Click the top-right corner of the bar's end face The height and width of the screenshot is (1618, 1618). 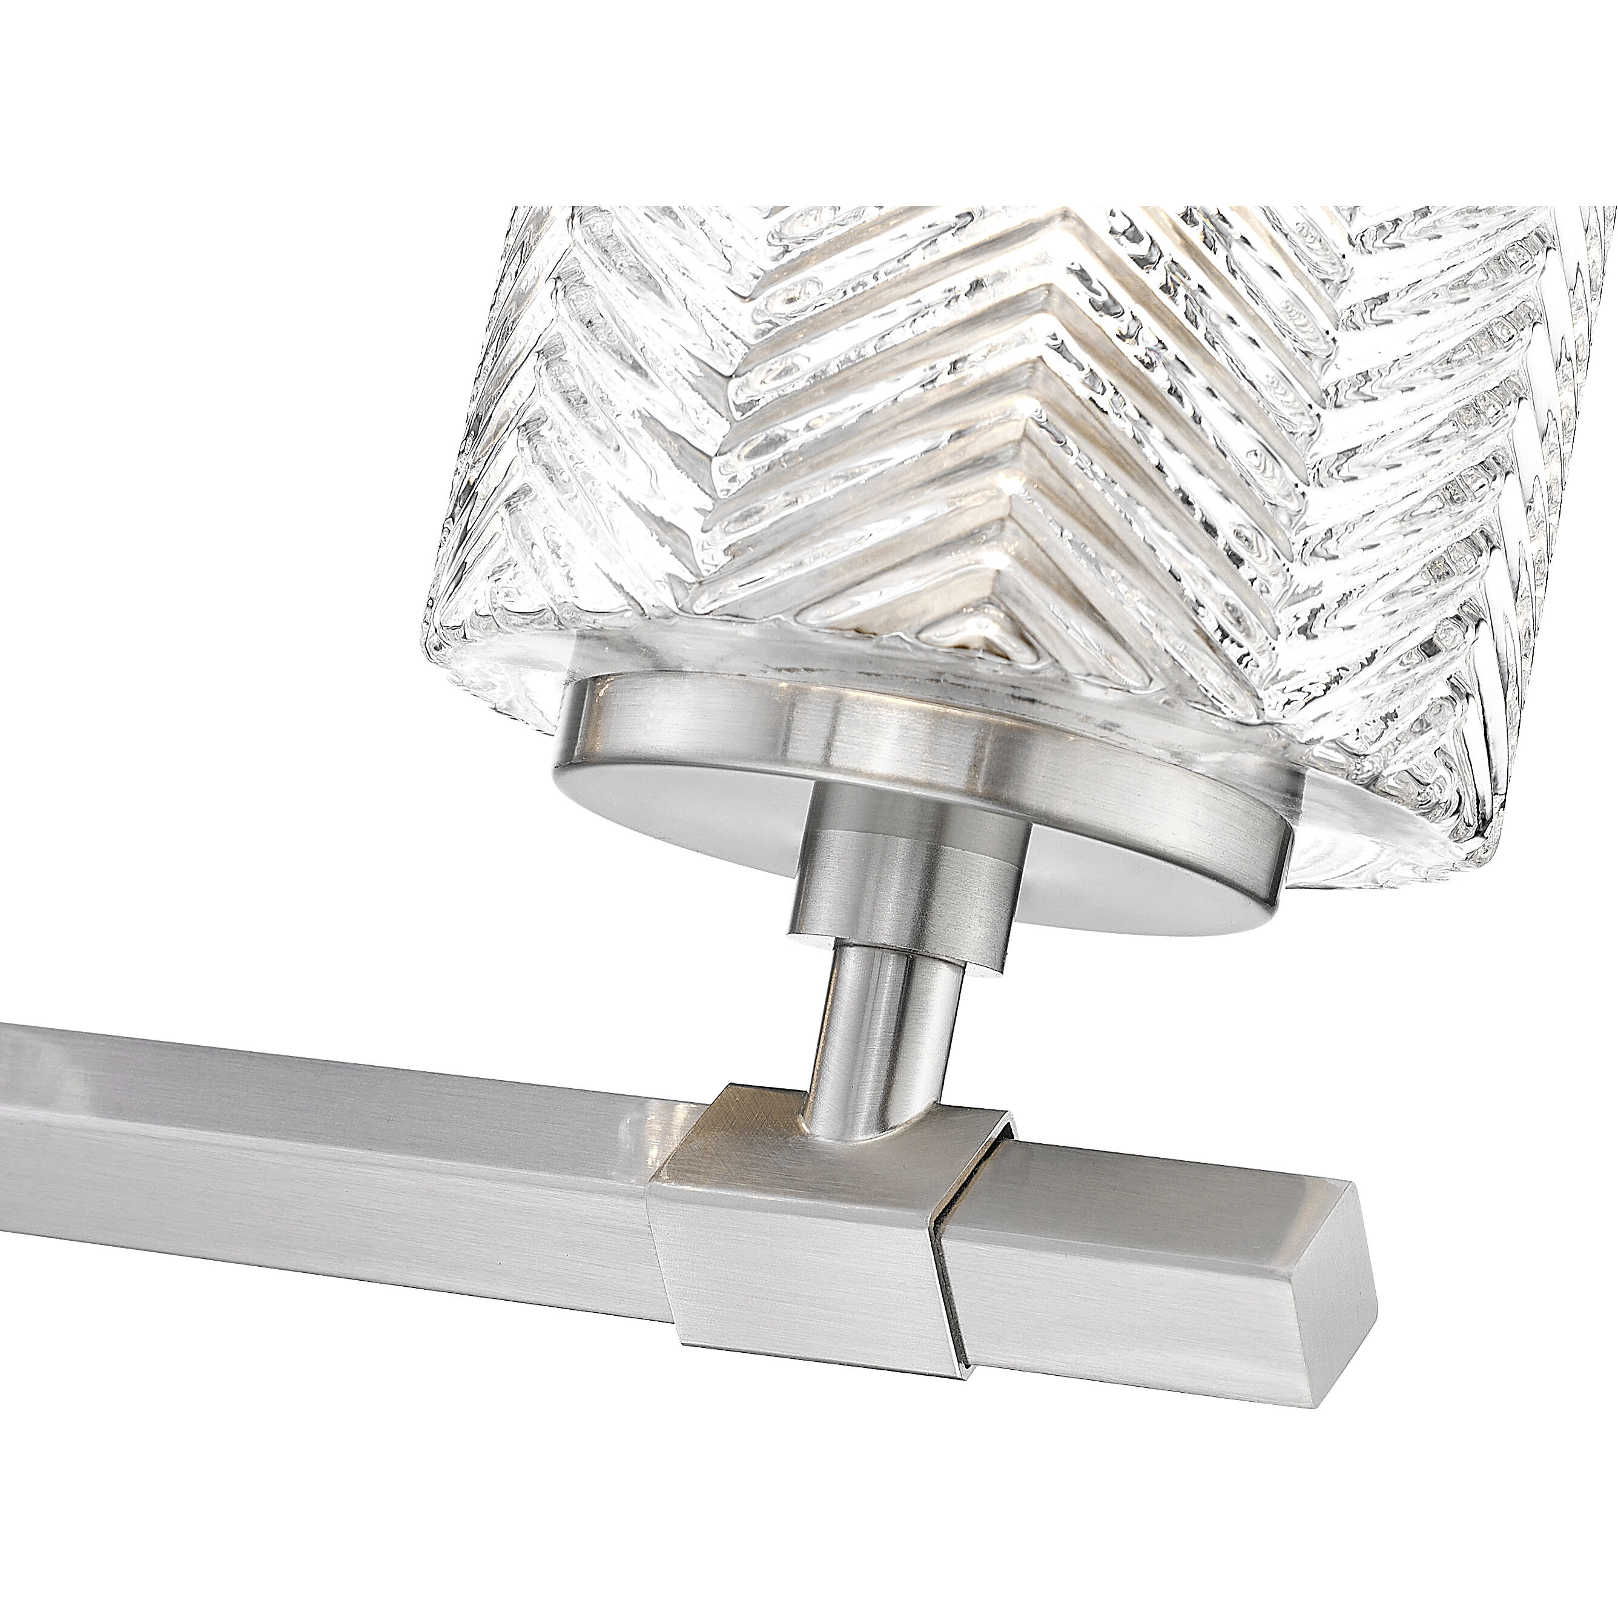coord(1350,1189)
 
